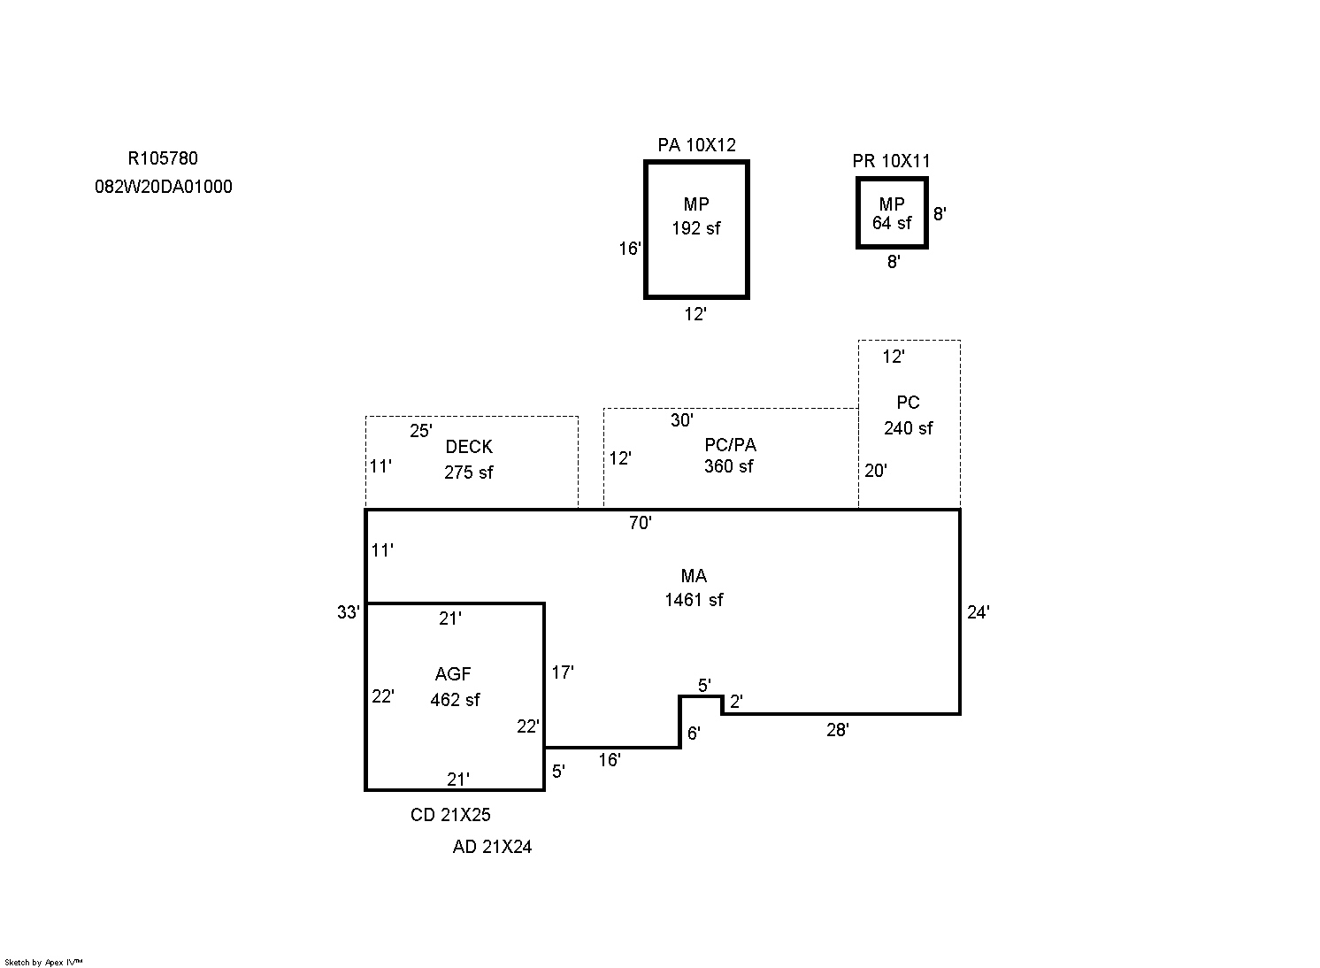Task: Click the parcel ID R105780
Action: click(163, 158)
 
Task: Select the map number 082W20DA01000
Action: click(164, 187)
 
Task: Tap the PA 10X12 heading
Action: click(696, 144)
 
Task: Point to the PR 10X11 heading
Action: click(891, 161)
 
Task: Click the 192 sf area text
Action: click(696, 228)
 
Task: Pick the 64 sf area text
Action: click(892, 223)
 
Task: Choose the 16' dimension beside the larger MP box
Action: click(629, 248)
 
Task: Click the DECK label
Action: click(469, 446)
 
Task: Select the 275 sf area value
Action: click(469, 472)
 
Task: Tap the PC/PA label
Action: click(730, 444)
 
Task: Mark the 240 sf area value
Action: click(908, 428)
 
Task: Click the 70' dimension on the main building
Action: click(640, 523)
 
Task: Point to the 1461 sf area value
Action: click(694, 600)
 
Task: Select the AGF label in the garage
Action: click(453, 673)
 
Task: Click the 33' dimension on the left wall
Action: click(348, 612)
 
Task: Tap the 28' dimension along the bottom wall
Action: click(837, 730)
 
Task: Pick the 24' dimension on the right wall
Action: click(978, 612)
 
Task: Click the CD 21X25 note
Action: click(450, 815)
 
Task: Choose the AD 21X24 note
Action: click(492, 847)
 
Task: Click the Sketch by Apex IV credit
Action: click(43, 962)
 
